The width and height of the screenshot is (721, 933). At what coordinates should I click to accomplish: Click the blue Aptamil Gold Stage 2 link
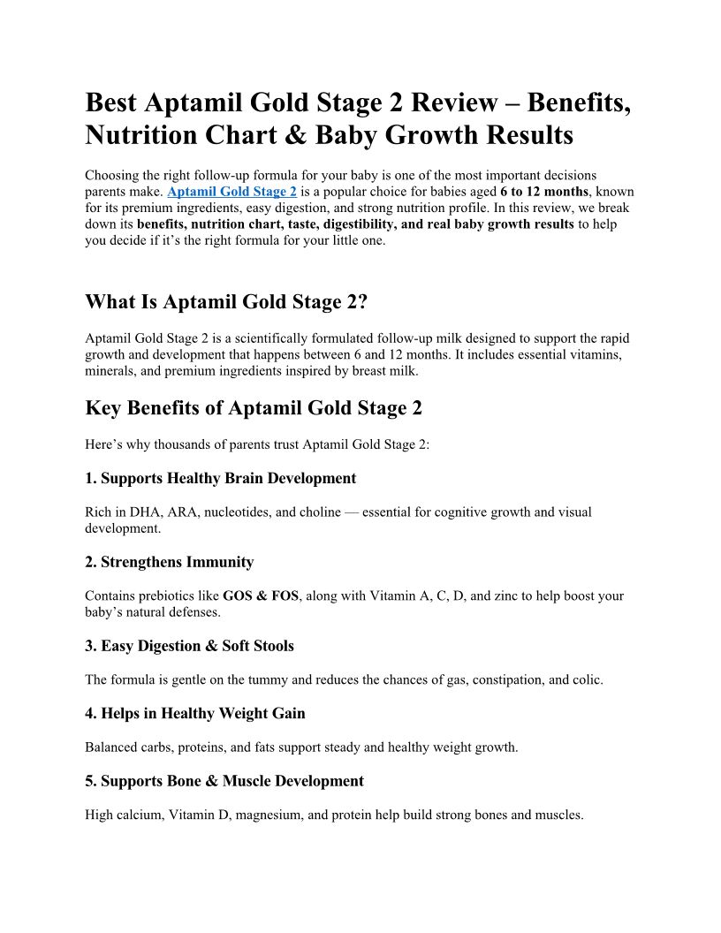[x=231, y=191]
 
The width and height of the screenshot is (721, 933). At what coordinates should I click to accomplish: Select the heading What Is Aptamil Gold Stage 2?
[x=225, y=302]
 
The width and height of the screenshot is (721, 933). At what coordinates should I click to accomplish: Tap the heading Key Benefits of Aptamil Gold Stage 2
[x=254, y=408]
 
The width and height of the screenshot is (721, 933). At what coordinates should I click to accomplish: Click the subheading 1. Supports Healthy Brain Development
[x=220, y=479]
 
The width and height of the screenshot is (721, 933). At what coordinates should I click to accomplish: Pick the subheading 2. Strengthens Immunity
[x=169, y=562]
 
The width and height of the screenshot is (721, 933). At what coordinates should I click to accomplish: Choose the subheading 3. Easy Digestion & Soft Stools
[x=189, y=646]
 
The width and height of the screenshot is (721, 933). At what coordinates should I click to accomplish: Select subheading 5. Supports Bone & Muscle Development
[x=224, y=781]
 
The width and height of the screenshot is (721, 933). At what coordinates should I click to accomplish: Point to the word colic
[x=586, y=679]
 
